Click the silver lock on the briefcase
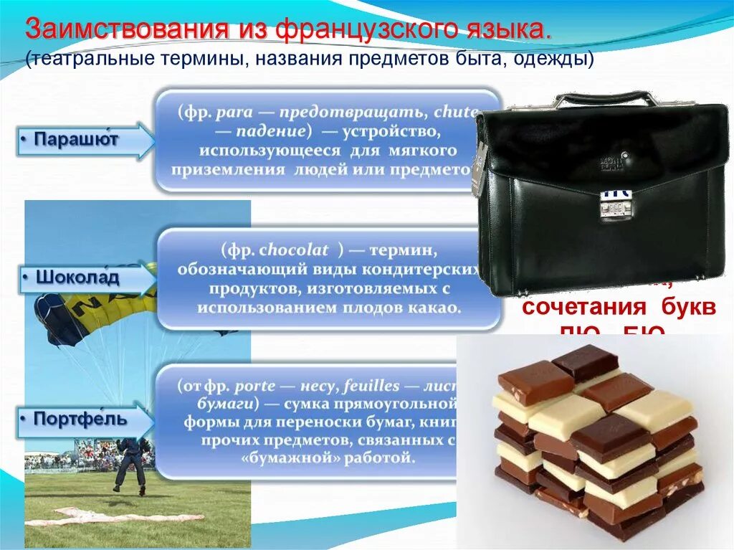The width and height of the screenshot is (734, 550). pyautogui.click(x=613, y=209)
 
